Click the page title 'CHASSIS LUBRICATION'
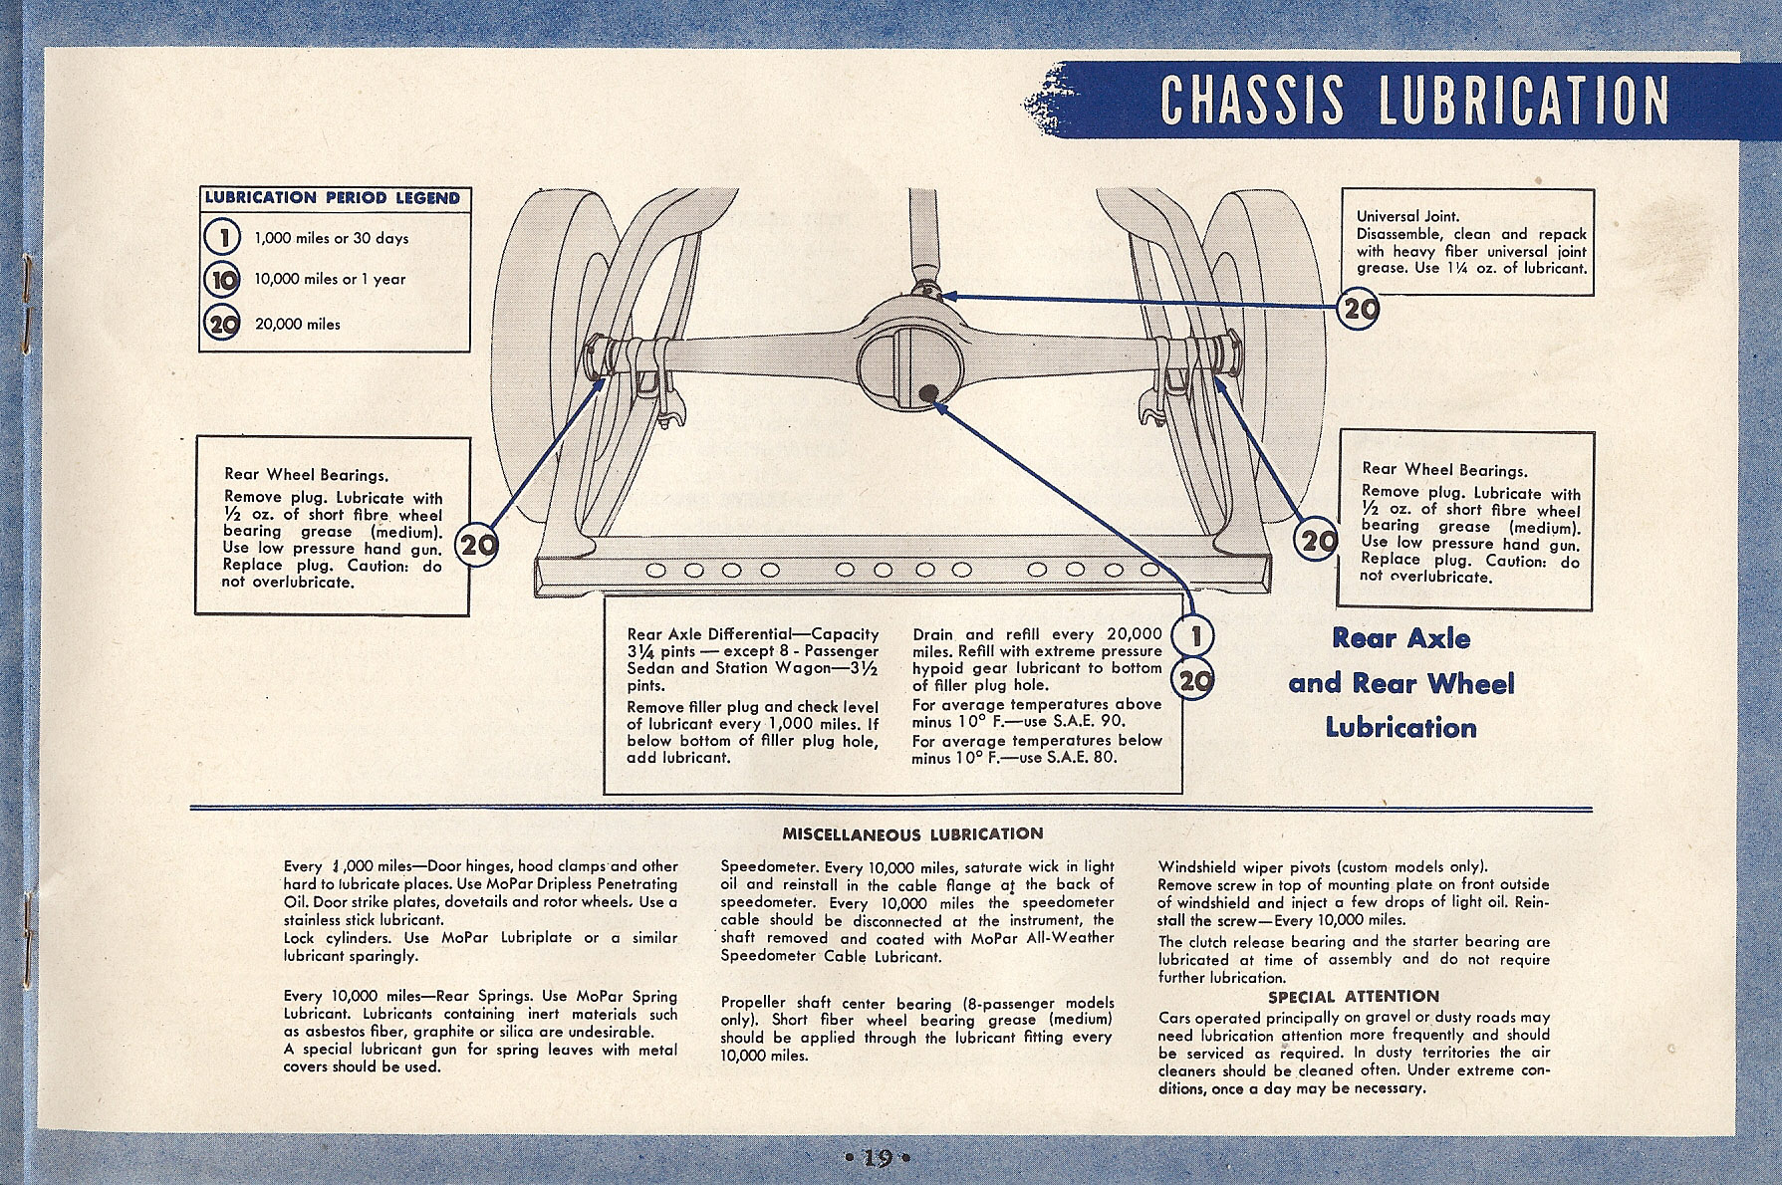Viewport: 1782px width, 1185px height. [1413, 101]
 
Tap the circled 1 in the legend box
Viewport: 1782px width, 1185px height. [222, 238]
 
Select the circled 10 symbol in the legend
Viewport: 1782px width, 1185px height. [222, 280]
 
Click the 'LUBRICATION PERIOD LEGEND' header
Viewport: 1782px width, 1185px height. [333, 198]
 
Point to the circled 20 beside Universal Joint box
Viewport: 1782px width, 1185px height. [1359, 310]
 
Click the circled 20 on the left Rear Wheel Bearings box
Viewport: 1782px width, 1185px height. [477, 546]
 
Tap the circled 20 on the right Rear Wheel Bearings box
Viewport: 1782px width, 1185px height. [1318, 542]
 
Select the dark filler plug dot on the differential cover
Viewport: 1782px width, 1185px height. [928, 393]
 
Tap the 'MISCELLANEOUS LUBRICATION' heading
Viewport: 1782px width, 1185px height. [912, 833]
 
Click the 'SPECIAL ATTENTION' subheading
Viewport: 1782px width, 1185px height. [1353, 996]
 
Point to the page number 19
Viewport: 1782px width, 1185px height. [878, 1157]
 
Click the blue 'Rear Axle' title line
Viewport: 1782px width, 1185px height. [1400, 638]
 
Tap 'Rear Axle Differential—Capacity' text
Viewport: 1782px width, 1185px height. [752, 634]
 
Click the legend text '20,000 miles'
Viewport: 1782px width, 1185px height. [297, 325]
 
